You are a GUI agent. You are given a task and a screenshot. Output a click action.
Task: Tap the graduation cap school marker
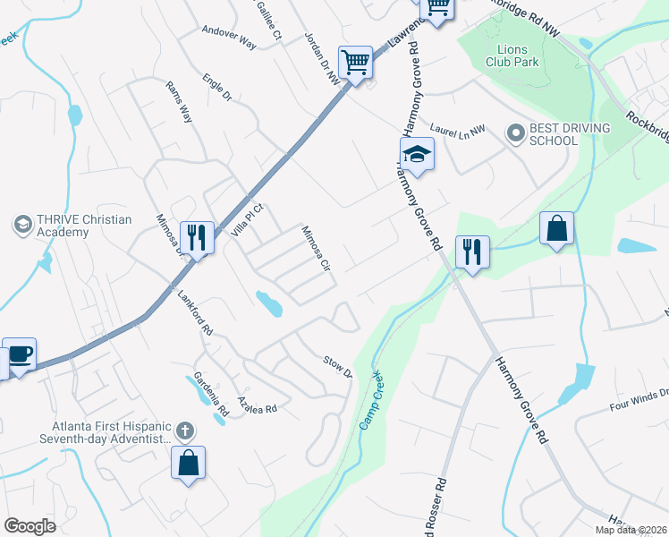(416, 156)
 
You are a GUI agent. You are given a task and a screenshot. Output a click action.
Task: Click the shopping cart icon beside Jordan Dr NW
(355, 64)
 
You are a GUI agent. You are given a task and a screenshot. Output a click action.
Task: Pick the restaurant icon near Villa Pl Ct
(197, 238)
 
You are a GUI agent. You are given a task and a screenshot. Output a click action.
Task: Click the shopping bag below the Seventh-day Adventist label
(188, 464)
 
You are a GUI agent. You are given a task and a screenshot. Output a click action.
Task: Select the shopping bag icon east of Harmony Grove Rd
(556, 229)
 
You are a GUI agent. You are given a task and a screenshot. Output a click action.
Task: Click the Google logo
(30, 525)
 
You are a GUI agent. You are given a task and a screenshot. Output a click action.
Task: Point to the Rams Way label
(179, 99)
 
